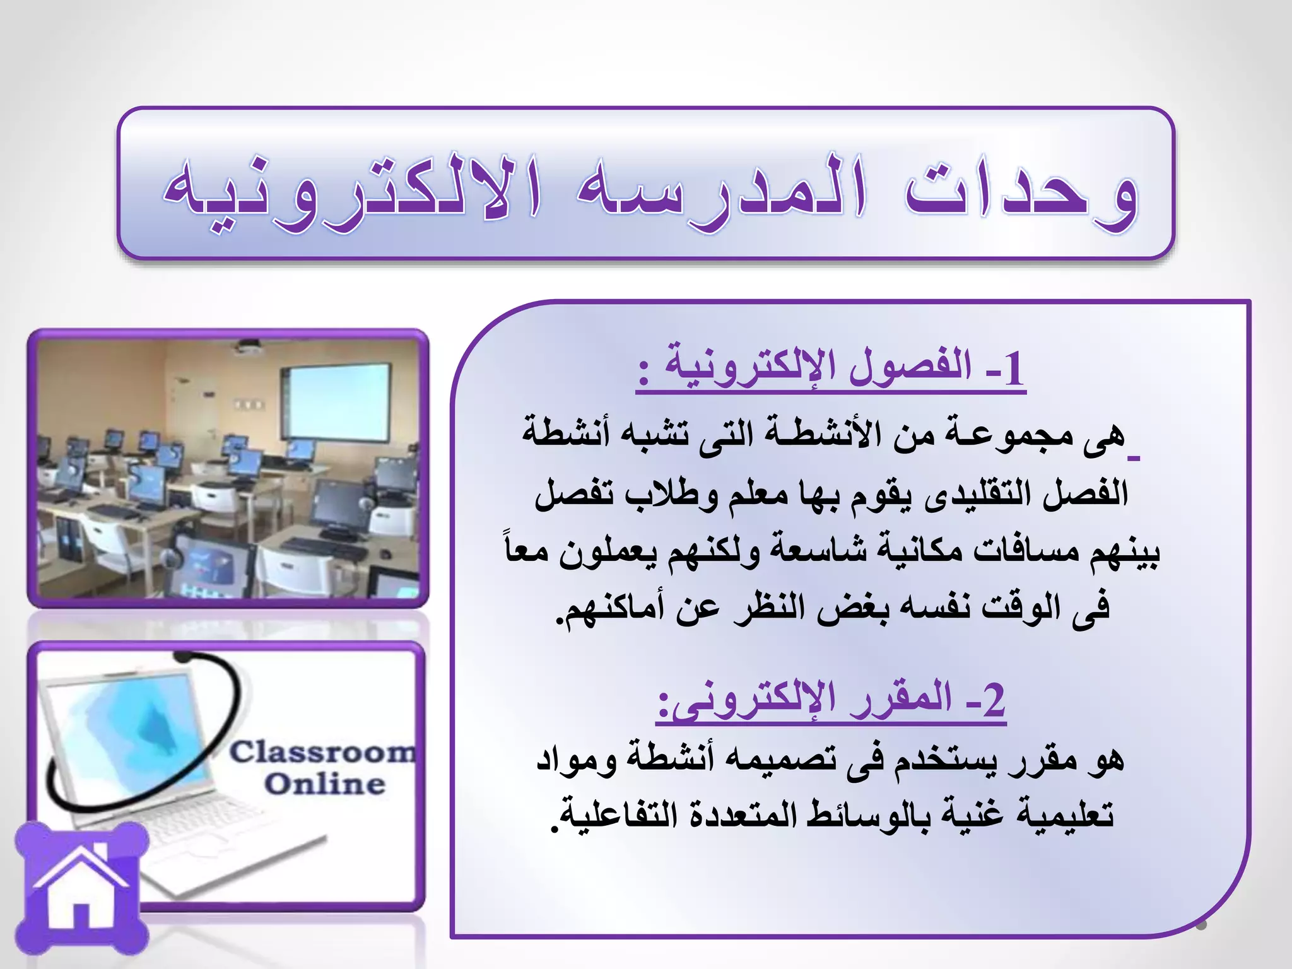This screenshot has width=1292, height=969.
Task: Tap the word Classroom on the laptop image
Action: pos(322,752)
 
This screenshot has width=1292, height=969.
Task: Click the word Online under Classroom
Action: pos(324,784)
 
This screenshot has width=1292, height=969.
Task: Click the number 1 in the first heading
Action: pos(1013,369)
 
